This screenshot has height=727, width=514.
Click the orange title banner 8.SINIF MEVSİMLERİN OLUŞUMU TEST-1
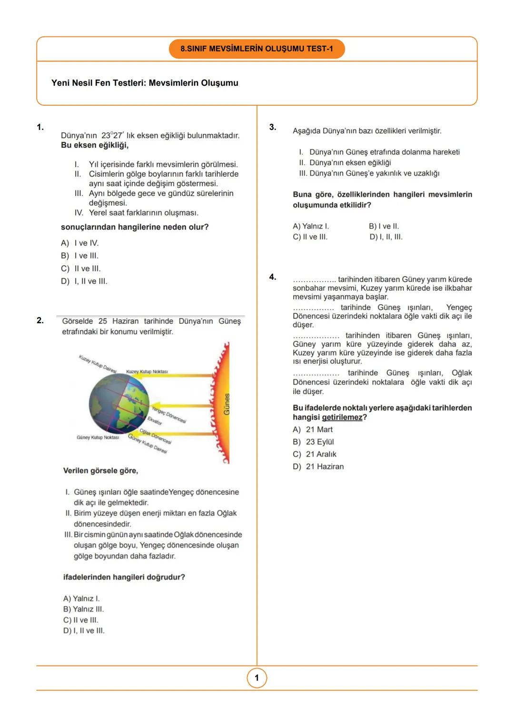(257, 49)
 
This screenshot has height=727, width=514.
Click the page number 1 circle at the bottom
(257, 678)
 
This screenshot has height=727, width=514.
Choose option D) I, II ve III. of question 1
(84, 281)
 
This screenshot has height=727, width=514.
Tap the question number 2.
(40, 320)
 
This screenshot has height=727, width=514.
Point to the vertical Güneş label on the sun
(227, 404)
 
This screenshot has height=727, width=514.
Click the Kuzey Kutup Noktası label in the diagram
(147, 371)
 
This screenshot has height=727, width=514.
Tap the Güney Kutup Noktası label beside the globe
(98, 437)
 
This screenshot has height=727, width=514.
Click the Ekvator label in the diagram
(155, 420)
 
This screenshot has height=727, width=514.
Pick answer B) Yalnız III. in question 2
(83, 609)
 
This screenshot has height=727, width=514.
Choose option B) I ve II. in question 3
(384, 226)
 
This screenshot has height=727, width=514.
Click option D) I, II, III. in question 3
(386, 237)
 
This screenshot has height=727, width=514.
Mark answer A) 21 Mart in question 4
(313, 429)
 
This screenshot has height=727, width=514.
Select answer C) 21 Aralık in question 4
(315, 454)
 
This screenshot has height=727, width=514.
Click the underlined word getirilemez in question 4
(342, 418)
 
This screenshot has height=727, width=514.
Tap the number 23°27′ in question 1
(112, 136)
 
